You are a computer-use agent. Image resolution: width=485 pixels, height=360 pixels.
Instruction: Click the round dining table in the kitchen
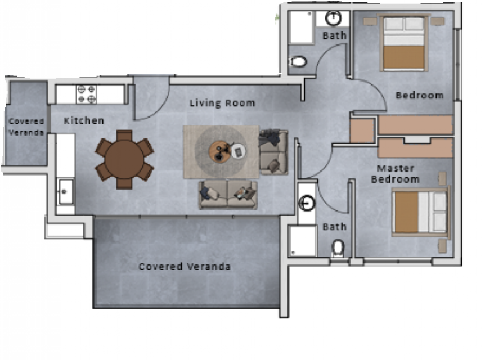tap(124, 159)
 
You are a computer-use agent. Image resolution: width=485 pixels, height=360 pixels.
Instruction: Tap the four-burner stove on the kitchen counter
tap(86, 94)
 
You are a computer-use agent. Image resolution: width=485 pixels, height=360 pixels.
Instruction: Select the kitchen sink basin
tap(65, 191)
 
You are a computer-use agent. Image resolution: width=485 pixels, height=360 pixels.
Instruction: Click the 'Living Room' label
tap(222, 103)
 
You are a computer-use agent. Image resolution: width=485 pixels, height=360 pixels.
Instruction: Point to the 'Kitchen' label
tap(84, 120)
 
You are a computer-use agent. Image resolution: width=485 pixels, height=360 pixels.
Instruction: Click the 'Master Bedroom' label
tap(396, 173)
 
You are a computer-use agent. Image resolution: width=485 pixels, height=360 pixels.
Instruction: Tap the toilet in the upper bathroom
tap(298, 61)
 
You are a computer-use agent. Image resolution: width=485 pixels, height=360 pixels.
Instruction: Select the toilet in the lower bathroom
tap(338, 247)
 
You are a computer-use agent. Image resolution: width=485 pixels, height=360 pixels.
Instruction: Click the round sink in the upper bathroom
tap(333, 18)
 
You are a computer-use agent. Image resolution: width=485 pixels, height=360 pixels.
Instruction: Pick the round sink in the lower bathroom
tap(307, 203)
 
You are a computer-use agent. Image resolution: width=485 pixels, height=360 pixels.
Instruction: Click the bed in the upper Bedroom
tap(403, 43)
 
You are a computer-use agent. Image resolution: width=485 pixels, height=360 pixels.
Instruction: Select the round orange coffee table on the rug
tap(220, 151)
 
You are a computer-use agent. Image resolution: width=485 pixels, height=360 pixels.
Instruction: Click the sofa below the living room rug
tap(228, 195)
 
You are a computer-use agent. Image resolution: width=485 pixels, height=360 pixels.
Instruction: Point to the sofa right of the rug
tap(273, 152)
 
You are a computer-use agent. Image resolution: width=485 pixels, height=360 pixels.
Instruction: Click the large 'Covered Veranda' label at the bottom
tap(185, 267)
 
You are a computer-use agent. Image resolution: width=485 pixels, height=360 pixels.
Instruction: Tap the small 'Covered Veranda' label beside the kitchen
tap(26, 127)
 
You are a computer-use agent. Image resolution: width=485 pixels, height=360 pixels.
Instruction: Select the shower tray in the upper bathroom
tap(300, 27)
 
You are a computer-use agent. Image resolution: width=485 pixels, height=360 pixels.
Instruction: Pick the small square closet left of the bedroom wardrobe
tap(362, 130)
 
